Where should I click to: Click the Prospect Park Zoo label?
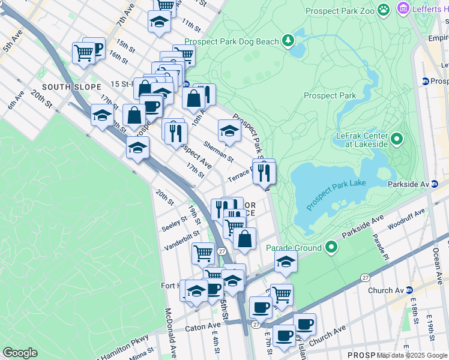tap(339, 11)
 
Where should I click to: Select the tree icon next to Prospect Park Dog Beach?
tap(289, 41)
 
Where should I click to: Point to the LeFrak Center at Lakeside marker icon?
tap(397, 140)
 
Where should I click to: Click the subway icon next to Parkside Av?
tap(433, 184)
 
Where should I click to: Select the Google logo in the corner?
tap(20, 353)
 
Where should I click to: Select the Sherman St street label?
tap(217, 151)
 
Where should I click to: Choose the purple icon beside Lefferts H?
tap(404, 9)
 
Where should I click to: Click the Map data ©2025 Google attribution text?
tap(412, 355)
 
